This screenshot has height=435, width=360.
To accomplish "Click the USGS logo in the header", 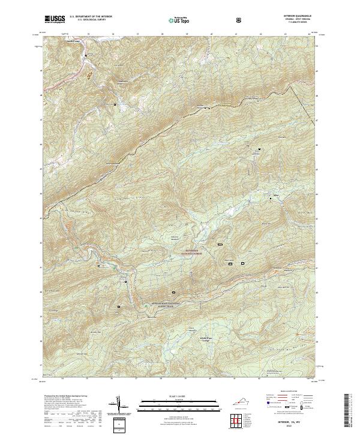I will (x=55, y=19).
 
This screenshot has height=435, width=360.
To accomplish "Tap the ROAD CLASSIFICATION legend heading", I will (x=289, y=391).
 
